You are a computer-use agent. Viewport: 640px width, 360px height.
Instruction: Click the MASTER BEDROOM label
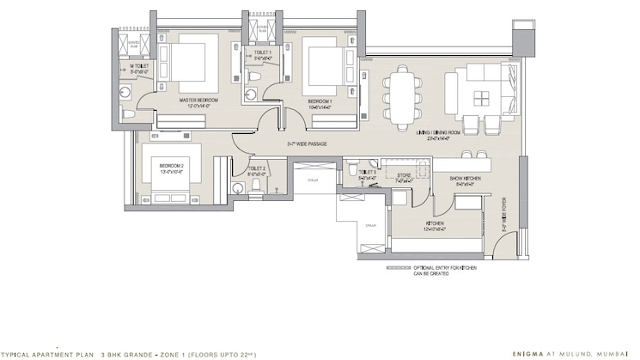[x=198, y=101]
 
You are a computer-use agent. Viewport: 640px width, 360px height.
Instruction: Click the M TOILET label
[x=139, y=66]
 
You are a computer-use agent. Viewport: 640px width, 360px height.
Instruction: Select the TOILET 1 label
[x=262, y=53]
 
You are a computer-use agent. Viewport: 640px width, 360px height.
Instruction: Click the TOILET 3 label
[x=367, y=173]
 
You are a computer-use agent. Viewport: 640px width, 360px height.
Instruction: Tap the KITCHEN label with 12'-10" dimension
[x=434, y=226]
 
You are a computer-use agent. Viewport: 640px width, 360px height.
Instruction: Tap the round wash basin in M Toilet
[x=130, y=113]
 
